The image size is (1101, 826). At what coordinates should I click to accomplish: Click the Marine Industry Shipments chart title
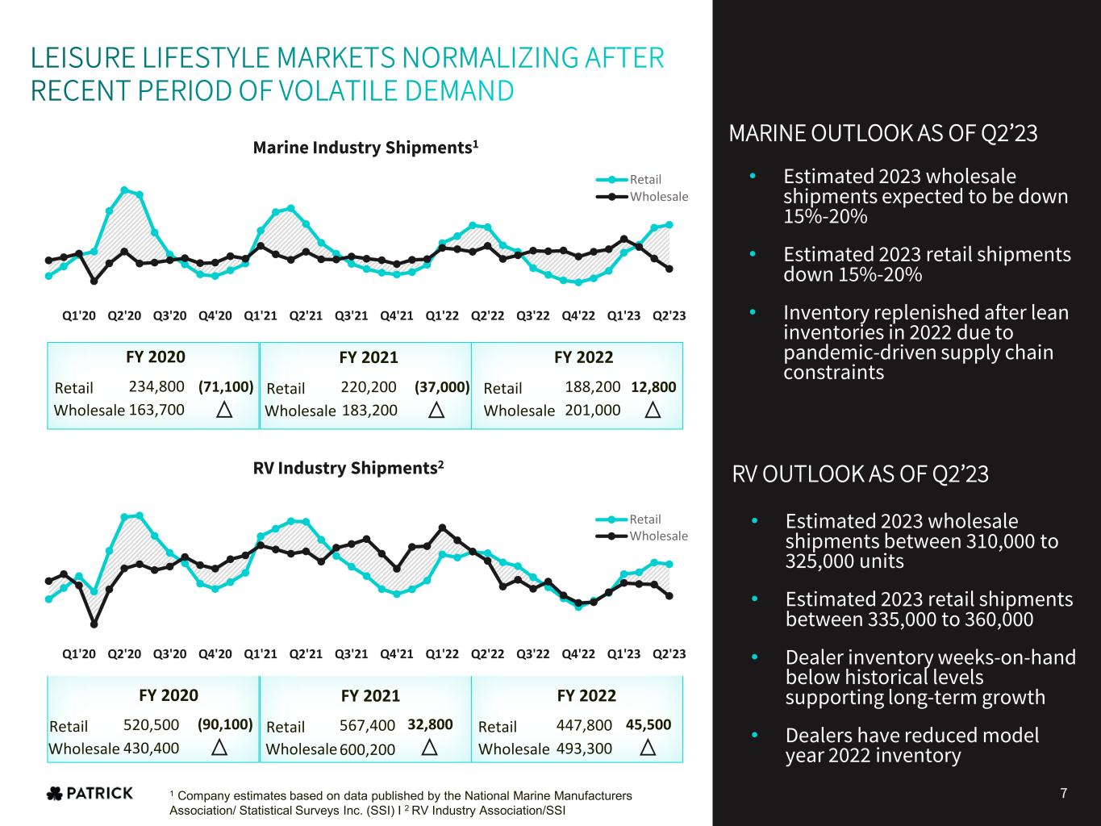point(366,148)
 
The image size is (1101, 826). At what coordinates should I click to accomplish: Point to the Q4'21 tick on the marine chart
point(396,315)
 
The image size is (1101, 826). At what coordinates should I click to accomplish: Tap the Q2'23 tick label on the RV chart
point(669,653)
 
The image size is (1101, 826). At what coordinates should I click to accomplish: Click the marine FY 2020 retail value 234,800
point(156,386)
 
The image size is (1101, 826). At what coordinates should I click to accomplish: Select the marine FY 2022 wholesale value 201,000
point(593,410)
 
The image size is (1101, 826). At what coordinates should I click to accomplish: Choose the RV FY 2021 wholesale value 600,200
point(368,749)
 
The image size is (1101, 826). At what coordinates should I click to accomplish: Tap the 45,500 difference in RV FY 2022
point(649,725)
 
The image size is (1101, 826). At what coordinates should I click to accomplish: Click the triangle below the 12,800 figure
point(653,411)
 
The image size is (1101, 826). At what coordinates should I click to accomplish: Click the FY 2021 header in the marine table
point(369,357)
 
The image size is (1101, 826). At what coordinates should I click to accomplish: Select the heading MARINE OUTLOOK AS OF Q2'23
point(883,133)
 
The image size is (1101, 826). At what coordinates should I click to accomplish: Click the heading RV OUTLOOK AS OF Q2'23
point(860,474)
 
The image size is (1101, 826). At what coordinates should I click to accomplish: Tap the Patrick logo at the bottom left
point(90,794)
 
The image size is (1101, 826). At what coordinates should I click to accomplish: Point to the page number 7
point(1064,794)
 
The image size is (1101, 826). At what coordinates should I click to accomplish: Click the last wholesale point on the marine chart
point(669,269)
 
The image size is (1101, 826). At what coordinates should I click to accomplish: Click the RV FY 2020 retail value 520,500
point(151,725)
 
